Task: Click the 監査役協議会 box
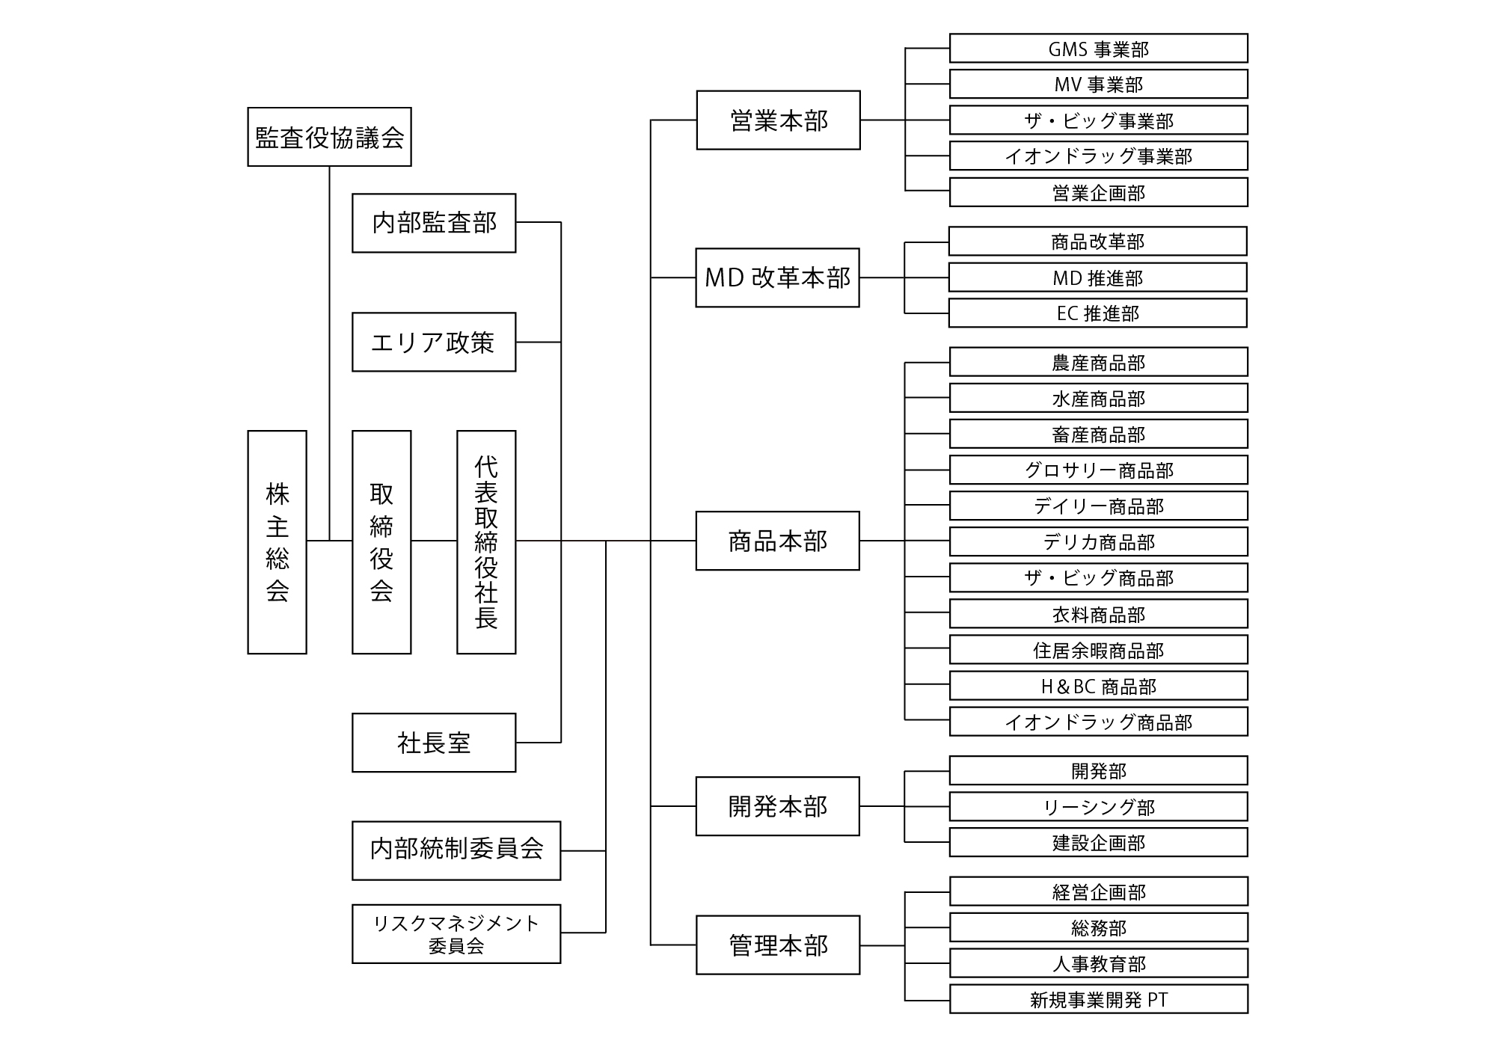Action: pyautogui.click(x=329, y=137)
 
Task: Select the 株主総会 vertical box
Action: pyautogui.click(x=277, y=542)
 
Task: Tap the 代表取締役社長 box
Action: pyautogui.click(x=486, y=542)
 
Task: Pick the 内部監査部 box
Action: pyautogui.click(x=434, y=223)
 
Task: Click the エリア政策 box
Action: pyautogui.click(x=434, y=342)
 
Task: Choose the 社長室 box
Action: pyautogui.click(x=434, y=743)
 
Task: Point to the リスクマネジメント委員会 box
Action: pyautogui.click(x=456, y=934)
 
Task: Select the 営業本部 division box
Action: pyautogui.click(x=778, y=120)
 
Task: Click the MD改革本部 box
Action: pyautogui.click(x=777, y=277)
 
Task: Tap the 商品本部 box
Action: pyautogui.click(x=777, y=541)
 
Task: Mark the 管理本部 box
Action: pyautogui.click(x=778, y=945)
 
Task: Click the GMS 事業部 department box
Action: pyautogui.click(x=1098, y=49)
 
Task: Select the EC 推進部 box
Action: pyautogui.click(x=1097, y=313)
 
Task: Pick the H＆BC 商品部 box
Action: pyautogui.click(x=1098, y=686)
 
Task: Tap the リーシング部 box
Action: pyautogui.click(x=1098, y=807)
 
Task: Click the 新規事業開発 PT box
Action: pyautogui.click(x=1098, y=999)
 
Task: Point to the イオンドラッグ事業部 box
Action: pyautogui.click(x=1098, y=156)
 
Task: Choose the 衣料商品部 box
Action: pyautogui.click(x=1098, y=614)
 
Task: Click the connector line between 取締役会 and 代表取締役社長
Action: pyautogui.click(x=434, y=541)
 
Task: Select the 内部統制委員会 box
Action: pyautogui.click(x=456, y=850)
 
